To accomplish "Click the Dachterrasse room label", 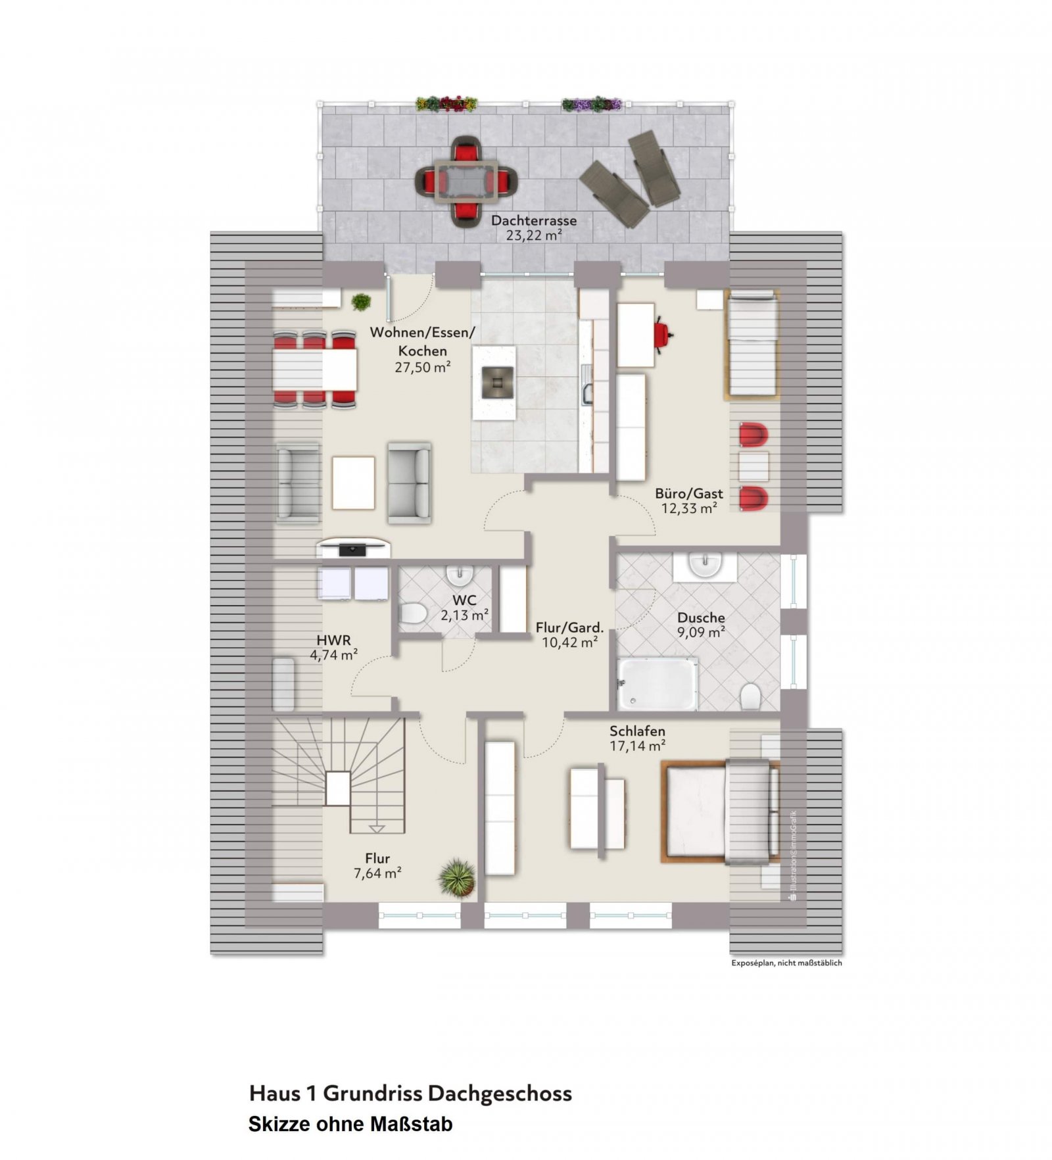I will pos(533,221).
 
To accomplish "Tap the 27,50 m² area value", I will pos(422,368).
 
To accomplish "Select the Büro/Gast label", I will pos(688,493).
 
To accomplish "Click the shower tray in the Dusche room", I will pos(656,684).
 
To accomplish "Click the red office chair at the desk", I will pos(663,333).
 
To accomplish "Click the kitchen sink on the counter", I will pos(587,393).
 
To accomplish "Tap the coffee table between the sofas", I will pos(353,483).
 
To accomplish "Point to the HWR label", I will pos(333,640).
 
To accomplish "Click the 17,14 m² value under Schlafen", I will pos(637,746).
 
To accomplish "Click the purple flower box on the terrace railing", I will pos(591,104).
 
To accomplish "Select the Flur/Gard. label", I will pos(569,627).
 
